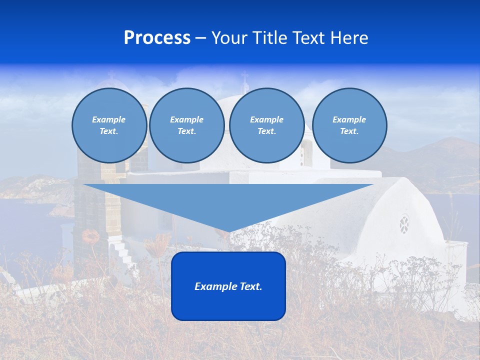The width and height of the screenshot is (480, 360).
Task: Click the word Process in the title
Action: pyautogui.click(x=157, y=38)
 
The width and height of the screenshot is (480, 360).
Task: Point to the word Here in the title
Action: pyautogui.click(x=350, y=38)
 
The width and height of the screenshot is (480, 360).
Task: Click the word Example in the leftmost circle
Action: pyautogui.click(x=109, y=119)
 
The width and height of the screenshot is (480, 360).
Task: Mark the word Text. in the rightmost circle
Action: pyautogui.click(x=349, y=131)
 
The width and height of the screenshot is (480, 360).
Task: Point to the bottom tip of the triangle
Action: pyautogui.click(x=228, y=231)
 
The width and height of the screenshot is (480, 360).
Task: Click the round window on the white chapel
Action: pyautogui.click(x=404, y=224)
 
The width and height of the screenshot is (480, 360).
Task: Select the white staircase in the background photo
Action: pyautogui.click(x=122, y=253)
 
